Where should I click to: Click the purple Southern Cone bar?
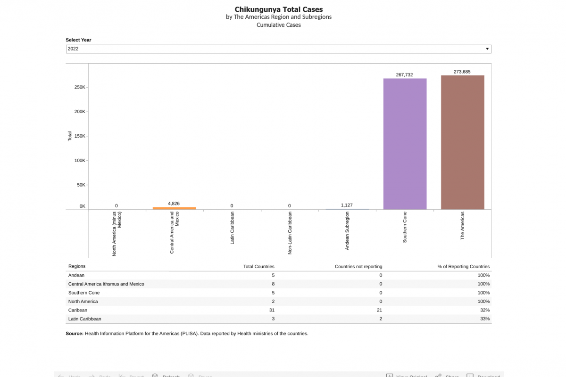tap(405, 144)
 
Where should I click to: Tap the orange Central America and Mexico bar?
tap(174, 208)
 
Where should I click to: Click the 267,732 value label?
tap(405, 75)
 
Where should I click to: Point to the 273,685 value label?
tap(462, 72)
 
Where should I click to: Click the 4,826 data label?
tap(174, 204)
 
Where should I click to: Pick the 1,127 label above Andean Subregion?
tap(347, 205)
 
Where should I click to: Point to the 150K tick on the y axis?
tap(80, 136)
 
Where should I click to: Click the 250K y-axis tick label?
tap(80, 87)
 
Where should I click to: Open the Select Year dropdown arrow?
tap(487, 49)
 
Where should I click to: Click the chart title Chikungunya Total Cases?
tap(279, 9)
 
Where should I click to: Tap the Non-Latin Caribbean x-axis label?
tap(290, 233)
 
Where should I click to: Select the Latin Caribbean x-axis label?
tap(232, 228)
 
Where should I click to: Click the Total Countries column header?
tap(258, 267)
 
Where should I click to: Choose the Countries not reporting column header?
tap(358, 267)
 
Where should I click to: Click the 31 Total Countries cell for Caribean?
tap(271, 310)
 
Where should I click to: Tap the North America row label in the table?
tap(83, 302)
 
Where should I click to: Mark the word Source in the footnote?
tap(75, 334)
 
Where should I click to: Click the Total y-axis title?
tap(70, 136)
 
